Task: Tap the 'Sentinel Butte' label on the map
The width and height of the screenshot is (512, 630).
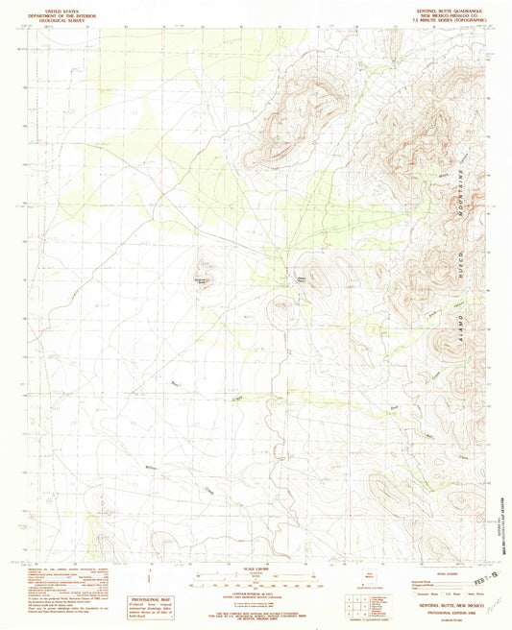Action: pos(203,279)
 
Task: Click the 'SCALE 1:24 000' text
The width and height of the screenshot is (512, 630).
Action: pos(256,572)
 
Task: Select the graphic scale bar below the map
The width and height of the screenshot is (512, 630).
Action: pos(256,582)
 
